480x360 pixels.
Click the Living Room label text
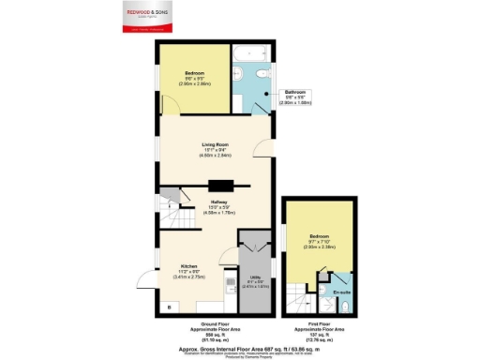(217, 151)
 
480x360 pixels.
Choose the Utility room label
(254, 281)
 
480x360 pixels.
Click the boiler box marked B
(169, 307)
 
